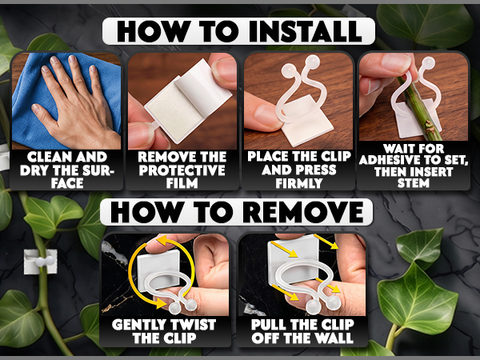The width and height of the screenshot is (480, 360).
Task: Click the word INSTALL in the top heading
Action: point(306,31)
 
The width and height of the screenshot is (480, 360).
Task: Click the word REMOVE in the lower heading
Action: point(304,212)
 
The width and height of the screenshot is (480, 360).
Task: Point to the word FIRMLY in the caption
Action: point(298,183)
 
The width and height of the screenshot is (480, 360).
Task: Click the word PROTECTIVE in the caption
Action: point(182,170)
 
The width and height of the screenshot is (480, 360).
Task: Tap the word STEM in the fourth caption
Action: point(414,183)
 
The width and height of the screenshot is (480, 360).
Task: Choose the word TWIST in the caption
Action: point(192,325)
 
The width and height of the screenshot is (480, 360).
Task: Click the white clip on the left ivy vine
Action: point(41,261)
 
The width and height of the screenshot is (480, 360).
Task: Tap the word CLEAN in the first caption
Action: point(49,157)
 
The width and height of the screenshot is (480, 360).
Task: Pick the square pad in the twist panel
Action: point(158,266)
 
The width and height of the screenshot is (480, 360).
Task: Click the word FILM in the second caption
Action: point(182,183)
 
